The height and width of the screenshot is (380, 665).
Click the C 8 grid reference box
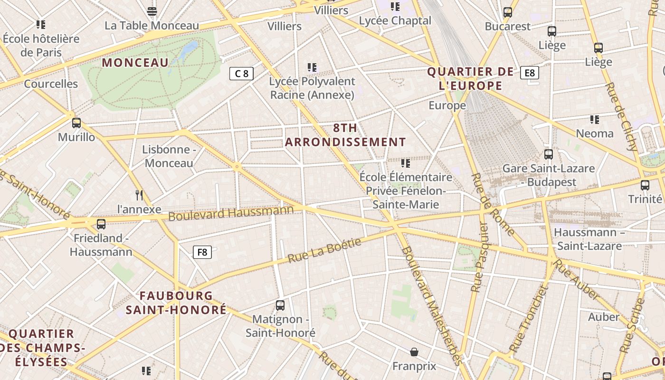point(241,74)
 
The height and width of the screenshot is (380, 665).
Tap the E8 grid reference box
point(530,73)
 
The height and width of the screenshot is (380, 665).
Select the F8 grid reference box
point(202,252)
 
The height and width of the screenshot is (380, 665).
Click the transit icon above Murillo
point(76,123)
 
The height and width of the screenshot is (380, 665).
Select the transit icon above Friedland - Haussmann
point(101,224)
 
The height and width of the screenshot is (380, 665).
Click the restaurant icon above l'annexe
point(139,195)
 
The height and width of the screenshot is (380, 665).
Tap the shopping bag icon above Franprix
point(414,352)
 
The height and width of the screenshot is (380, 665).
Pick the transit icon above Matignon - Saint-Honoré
point(280,305)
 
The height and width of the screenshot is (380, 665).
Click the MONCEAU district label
point(135,63)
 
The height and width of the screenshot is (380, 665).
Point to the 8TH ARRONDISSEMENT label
point(345,135)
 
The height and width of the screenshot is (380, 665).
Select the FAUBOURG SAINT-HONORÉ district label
point(176,303)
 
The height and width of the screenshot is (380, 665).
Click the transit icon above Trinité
point(645,185)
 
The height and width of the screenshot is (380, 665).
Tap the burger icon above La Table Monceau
point(152,11)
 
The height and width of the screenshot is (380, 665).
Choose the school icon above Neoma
point(595,119)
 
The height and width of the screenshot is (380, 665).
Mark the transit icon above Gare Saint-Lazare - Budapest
point(549,154)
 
